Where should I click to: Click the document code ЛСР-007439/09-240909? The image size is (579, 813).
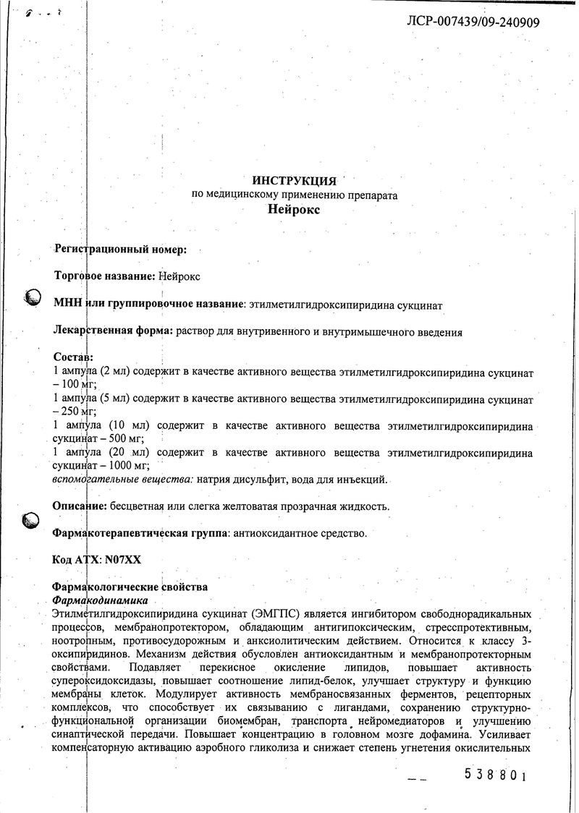[474, 22]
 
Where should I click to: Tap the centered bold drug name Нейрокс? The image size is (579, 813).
[293, 210]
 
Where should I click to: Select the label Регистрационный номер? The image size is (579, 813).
[120, 250]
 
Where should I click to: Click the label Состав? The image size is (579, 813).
[73, 358]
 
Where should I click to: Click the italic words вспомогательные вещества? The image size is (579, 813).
[122, 480]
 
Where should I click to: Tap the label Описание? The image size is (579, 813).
[80, 506]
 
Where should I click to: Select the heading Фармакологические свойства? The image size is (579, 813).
[130, 587]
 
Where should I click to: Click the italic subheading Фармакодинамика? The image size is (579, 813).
[101, 600]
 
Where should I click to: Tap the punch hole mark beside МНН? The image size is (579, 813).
[32, 297]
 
